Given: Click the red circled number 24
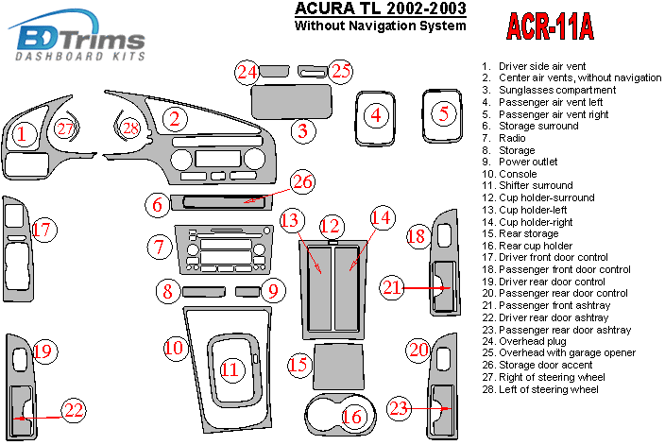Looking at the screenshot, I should (247, 72).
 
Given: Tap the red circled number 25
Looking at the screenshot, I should (340, 71).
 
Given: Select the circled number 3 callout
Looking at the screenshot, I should (301, 130).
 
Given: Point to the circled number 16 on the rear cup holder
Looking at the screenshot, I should (351, 417).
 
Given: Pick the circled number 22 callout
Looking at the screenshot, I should (73, 409).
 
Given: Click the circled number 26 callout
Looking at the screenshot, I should (301, 181).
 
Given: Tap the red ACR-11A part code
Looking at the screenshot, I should (551, 28).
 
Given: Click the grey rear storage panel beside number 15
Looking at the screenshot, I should (337, 363).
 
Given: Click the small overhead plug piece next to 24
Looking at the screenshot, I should (275, 70).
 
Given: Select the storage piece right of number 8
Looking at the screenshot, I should (201, 291).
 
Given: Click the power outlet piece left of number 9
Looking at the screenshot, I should (247, 291).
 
